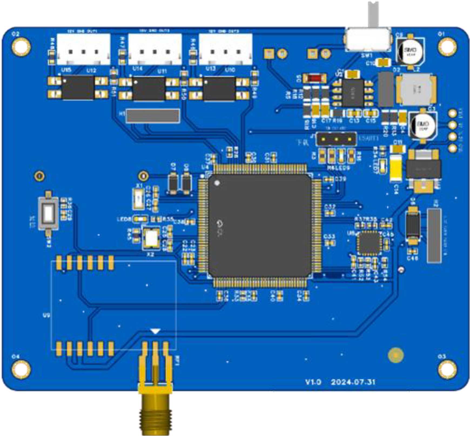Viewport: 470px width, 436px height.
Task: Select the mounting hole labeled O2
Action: tap(21, 46)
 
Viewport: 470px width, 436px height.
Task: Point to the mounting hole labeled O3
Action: tap(447, 369)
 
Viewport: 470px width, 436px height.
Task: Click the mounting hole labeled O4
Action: tap(21, 369)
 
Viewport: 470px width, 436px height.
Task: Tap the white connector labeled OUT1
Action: tap(83, 49)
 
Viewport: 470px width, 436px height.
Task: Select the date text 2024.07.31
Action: tap(353, 382)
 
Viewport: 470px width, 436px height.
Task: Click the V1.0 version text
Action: tap(313, 382)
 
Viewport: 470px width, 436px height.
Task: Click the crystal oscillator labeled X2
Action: tap(151, 238)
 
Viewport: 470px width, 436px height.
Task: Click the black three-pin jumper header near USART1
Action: tap(337, 139)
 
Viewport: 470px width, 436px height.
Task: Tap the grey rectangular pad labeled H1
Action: tap(153, 116)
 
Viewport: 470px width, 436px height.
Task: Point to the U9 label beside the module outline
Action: tap(46, 315)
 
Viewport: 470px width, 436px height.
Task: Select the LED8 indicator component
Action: tap(141, 219)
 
